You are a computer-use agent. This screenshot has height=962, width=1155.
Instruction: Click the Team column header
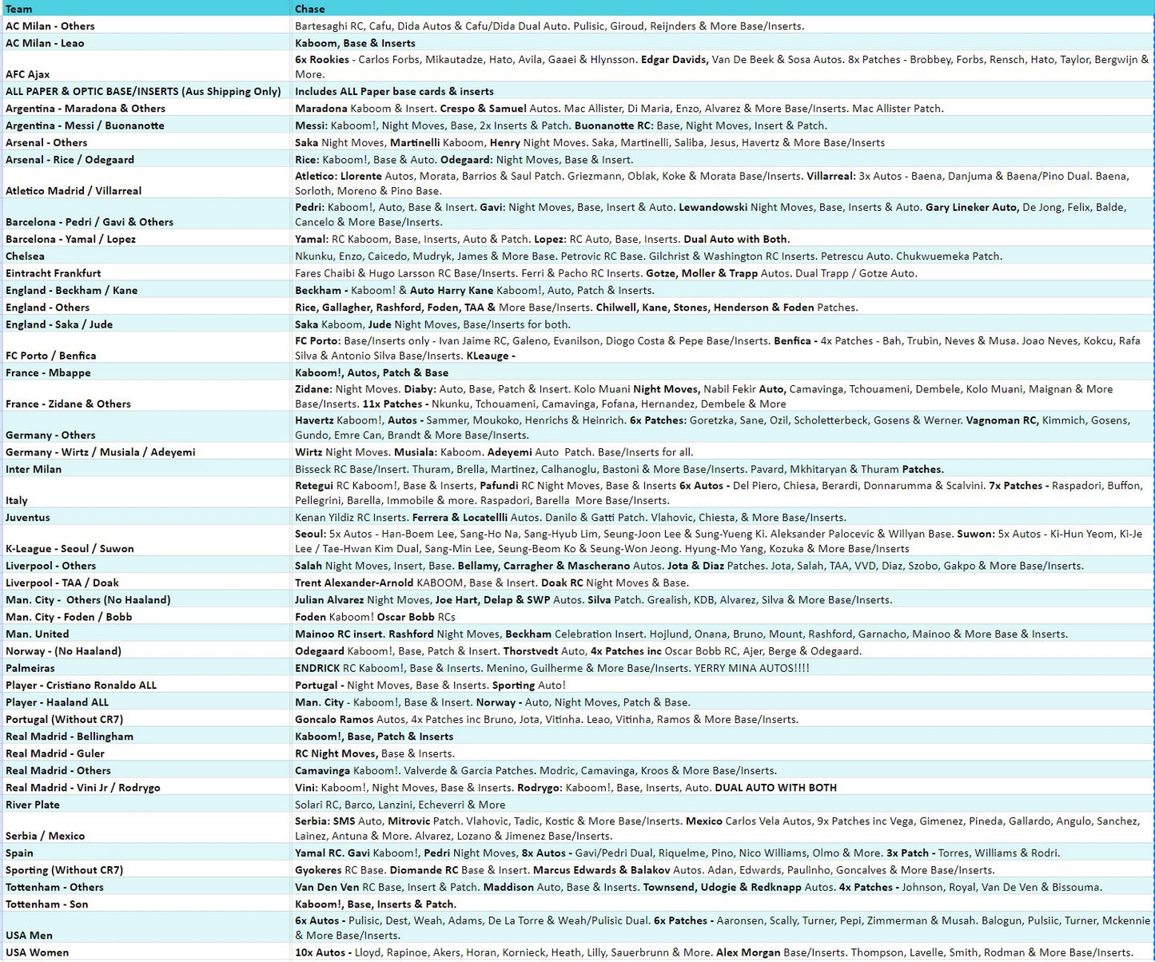[19, 9]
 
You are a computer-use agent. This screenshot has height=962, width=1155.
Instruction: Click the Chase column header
[309, 9]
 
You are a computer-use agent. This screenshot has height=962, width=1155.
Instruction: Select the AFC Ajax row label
[28, 74]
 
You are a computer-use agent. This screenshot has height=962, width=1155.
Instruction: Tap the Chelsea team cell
[25, 256]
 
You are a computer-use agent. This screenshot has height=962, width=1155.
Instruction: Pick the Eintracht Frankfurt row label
[54, 273]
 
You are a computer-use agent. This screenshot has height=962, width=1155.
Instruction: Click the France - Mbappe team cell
[48, 373]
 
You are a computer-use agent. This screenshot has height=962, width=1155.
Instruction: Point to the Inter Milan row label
[34, 470]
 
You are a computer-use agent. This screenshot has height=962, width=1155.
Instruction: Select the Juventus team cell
[28, 518]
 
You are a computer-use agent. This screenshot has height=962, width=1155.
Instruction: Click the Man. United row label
[38, 634]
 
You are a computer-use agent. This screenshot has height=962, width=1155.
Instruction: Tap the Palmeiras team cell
[30, 669]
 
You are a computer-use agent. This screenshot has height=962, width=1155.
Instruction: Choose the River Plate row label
[33, 805]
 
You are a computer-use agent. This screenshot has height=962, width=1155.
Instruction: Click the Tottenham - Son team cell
[47, 904]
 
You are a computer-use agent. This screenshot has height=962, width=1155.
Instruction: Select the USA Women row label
[38, 952]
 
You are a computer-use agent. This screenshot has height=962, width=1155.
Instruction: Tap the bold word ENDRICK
[317, 669]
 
